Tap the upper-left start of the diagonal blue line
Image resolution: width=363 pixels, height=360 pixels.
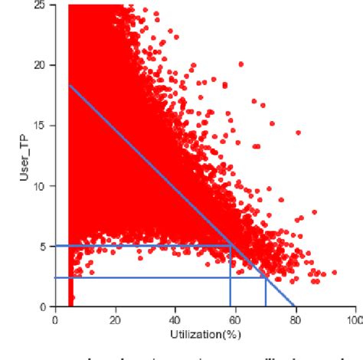click(x=69, y=85)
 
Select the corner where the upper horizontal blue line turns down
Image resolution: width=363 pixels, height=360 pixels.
click(x=231, y=246)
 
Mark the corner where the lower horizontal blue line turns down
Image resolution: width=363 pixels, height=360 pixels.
click(x=266, y=277)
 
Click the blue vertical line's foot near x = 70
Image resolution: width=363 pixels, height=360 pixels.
click(x=266, y=306)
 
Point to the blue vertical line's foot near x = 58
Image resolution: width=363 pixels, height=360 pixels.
click(x=231, y=306)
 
